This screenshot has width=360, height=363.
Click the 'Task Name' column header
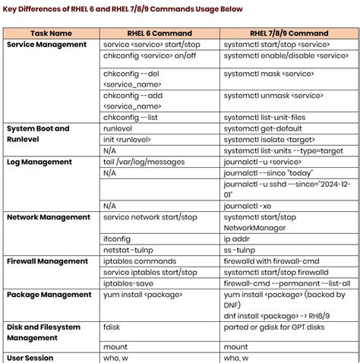(52, 33)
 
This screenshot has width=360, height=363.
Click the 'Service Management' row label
(47, 45)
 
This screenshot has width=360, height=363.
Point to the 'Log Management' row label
(39, 162)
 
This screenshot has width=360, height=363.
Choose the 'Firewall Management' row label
(47, 260)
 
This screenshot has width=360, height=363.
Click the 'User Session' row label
(30, 357)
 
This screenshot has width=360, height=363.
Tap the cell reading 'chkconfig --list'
(135, 117)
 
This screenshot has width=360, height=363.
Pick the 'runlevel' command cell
(119, 129)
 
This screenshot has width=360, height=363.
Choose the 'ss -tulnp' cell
(244, 249)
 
